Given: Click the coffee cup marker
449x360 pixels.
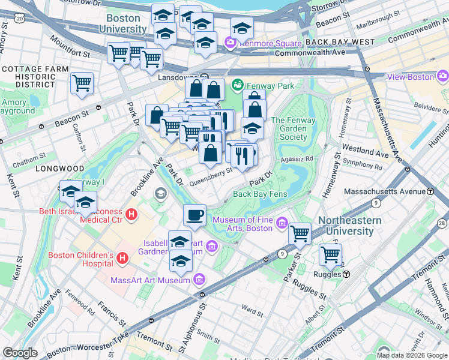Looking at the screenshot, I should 194,215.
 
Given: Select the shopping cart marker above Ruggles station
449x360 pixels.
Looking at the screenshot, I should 330,254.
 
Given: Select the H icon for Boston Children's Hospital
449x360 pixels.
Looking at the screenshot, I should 123,259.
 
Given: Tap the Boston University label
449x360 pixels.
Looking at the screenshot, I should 123,23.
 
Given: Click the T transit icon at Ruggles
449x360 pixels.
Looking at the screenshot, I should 346,274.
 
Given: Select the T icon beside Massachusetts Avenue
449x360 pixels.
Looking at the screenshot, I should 430,191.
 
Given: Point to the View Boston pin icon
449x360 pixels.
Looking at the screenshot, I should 443,76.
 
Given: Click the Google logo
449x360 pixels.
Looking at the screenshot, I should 20,353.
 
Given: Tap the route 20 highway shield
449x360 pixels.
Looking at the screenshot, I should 20,19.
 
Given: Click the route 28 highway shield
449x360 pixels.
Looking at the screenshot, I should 442,223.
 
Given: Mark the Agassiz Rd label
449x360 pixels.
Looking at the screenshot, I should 301,159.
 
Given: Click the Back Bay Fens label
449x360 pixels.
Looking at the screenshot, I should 261,194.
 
